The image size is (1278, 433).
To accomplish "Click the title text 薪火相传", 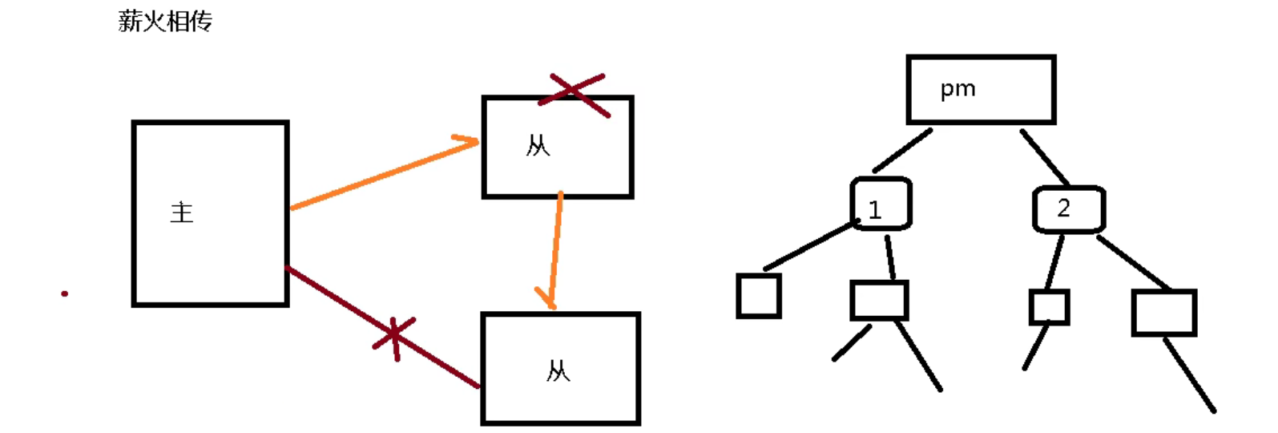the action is [165, 21].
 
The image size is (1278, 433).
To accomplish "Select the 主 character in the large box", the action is [182, 212].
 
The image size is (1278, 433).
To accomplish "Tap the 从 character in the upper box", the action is [538, 146].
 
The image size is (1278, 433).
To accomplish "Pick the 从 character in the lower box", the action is [558, 371].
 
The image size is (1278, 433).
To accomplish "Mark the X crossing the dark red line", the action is [394, 338].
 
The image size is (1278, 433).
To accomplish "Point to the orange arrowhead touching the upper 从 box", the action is [468, 142].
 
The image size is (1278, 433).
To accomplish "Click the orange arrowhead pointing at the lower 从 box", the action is [548, 300].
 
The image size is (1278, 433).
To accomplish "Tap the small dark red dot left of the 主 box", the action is [64, 293].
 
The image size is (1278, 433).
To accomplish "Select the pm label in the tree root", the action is [957, 89].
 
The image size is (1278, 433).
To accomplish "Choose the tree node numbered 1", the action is [880, 204].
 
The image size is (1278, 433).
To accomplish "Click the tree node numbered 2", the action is [1068, 209].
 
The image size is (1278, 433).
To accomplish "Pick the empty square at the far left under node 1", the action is [758, 296].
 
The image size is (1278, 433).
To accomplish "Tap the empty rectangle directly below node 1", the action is [879, 301].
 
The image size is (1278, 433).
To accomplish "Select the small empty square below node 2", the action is [1049, 307].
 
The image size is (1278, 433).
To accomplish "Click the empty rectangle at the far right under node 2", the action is [1163, 313].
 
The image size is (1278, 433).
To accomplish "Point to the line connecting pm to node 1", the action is [903, 150].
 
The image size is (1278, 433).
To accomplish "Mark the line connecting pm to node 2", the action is [1045, 157].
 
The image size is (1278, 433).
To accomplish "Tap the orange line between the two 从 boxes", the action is [555, 245].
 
